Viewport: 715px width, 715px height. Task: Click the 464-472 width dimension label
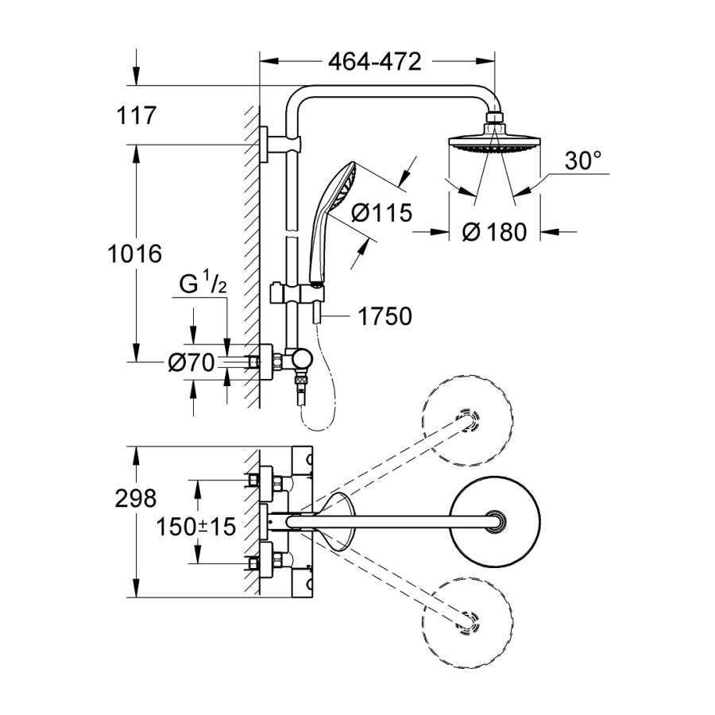[x=375, y=62]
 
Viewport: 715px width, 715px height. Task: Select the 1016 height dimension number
[x=135, y=254]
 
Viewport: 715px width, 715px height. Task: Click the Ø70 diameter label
[x=191, y=363]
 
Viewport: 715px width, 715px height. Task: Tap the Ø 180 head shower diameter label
[x=493, y=232]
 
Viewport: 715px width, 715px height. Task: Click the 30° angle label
[x=583, y=161]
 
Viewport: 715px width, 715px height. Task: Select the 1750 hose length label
[x=385, y=316]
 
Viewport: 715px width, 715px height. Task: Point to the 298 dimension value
[x=135, y=499]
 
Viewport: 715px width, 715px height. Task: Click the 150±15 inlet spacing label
[x=196, y=526]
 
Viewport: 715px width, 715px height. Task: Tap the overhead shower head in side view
[x=494, y=143]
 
